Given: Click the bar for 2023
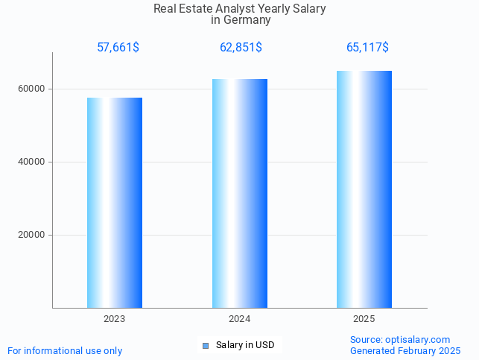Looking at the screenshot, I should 115,203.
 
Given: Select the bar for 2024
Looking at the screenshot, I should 240,193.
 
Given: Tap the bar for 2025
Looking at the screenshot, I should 364,189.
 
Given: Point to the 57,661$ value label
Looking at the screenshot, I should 118,48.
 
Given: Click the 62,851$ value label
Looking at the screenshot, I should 241,48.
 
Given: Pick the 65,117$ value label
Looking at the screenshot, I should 367,48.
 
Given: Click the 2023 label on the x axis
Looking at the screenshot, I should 115,319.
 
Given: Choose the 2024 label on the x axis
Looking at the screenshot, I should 240,319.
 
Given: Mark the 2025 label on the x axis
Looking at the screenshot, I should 364,319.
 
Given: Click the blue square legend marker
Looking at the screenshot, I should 206,346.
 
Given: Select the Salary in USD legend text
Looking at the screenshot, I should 245,345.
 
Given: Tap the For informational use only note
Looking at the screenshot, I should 65,350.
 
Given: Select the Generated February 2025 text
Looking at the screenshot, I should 405,350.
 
